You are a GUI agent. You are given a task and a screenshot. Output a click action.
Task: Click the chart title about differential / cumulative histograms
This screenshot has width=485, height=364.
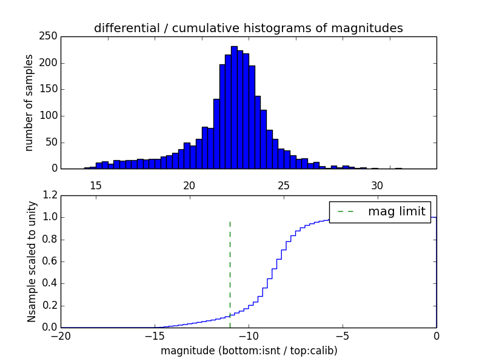[249, 28]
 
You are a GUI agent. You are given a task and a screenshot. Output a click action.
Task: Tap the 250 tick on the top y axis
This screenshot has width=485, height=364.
[50, 36]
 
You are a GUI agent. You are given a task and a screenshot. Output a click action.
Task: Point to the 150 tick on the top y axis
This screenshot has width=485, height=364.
[50, 89]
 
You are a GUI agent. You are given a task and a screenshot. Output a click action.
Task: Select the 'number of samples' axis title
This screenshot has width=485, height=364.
[29, 103]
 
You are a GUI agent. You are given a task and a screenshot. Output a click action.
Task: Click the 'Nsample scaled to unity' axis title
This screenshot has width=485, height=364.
[32, 261]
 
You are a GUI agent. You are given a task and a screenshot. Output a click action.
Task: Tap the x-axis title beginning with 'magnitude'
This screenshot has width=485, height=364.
[249, 351]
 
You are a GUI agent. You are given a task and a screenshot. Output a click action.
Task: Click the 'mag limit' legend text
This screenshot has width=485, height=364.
[396, 212]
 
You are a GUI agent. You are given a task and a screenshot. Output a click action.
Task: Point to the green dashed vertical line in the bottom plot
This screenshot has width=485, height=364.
[230, 267]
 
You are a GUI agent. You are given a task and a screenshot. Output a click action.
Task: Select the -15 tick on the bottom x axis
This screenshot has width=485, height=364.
[155, 335]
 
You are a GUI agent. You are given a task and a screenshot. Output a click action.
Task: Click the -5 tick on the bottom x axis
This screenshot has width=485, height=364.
[343, 335]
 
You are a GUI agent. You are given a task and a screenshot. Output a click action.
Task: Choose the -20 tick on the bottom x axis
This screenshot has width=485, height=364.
[61, 335]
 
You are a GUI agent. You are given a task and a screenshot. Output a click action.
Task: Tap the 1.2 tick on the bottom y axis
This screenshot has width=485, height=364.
[50, 195]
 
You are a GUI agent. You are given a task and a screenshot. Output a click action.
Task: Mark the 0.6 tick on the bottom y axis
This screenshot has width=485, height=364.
[50, 261]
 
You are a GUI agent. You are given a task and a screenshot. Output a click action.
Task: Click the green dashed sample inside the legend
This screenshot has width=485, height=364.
[346, 212]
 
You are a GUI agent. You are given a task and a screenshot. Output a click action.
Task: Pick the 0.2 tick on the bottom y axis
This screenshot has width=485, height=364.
[50, 306]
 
